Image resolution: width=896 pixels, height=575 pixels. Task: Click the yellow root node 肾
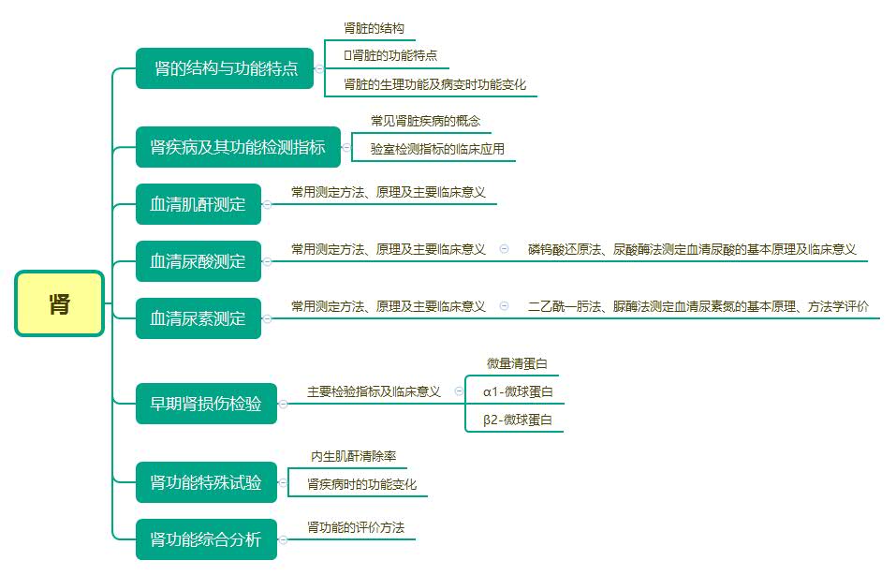[x=59, y=303]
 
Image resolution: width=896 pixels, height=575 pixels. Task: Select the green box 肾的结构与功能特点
[x=225, y=68]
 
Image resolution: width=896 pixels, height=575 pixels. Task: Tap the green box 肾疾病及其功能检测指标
[x=238, y=147]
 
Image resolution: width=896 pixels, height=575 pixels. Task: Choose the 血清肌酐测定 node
[x=198, y=204]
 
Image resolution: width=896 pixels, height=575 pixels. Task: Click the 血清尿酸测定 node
[x=198, y=261]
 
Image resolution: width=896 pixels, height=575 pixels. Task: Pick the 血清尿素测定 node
[x=198, y=318]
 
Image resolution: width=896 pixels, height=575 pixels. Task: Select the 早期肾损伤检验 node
[x=206, y=404]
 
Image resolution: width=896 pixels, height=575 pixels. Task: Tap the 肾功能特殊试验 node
[x=206, y=483]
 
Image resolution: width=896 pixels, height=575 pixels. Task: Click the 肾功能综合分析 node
[x=206, y=540]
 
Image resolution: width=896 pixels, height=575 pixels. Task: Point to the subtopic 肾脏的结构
[x=375, y=28]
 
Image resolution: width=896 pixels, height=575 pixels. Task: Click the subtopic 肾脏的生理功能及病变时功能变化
[x=435, y=84]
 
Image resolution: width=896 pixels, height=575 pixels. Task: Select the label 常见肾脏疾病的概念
[x=425, y=121]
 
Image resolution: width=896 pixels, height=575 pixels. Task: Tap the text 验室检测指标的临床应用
[x=437, y=148]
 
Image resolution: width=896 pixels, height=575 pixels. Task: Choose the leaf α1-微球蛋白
[x=518, y=391]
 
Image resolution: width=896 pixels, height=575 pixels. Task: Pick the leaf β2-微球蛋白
[x=518, y=420]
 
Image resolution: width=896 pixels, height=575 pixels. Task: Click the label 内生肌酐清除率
[x=354, y=456]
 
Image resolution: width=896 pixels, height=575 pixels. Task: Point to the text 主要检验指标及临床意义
[x=374, y=391]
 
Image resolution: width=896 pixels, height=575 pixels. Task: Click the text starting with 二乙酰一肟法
[x=698, y=306]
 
